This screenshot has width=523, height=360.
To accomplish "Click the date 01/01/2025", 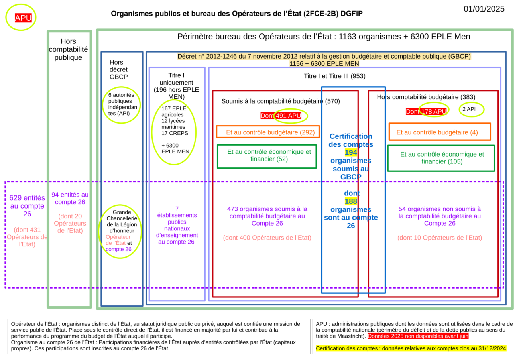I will pyautogui.click(x=484, y=9).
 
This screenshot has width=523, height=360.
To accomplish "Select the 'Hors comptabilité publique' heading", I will pyautogui.click(x=69, y=49).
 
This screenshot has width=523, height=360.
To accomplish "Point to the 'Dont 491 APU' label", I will pyautogui.click(x=284, y=116).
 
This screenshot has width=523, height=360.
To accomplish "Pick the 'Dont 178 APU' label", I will pyautogui.click(x=426, y=112).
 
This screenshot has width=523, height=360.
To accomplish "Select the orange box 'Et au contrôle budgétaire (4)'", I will pyautogui.click(x=439, y=132).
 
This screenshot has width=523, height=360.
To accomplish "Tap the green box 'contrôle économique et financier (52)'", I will pyautogui.click(x=267, y=155).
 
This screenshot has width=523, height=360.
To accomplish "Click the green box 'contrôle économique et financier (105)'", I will pyautogui.click(x=441, y=158).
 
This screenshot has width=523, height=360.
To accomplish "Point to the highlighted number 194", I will pyautogui.click(x=351, y=152).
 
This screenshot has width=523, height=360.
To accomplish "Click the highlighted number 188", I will pyautogui.click(x=351, y=201).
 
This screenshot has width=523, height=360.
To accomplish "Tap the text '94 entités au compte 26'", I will pyautogui.click(x=70, y=198).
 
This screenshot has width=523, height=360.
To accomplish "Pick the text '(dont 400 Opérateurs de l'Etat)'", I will pyautogui.click(x=267, y=238).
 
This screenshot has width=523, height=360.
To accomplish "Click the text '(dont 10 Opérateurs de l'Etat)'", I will pyautogui.click(x=439, y=238).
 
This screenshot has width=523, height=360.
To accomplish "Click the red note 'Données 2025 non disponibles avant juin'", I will pyautogui.click(x=418, y=336).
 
